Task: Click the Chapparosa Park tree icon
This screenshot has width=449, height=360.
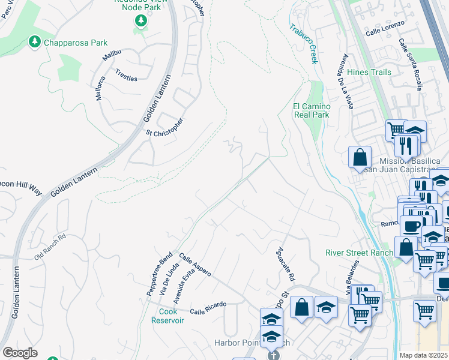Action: coord(35,42)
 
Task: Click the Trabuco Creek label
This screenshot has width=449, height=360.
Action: coord(303,43)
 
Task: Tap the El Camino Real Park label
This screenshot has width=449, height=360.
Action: coord(312,110)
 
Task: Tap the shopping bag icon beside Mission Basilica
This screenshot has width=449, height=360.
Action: coord(360,158)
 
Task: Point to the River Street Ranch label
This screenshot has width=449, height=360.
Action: coord(359,253)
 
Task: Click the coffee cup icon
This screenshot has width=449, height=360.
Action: coord(411,227)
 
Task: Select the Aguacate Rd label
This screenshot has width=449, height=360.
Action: coord(286,264)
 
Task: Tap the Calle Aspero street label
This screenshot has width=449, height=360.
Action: coord(195,264)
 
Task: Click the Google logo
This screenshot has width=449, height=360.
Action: coord(20,352)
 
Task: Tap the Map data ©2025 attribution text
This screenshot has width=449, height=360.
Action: coord(424,355)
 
